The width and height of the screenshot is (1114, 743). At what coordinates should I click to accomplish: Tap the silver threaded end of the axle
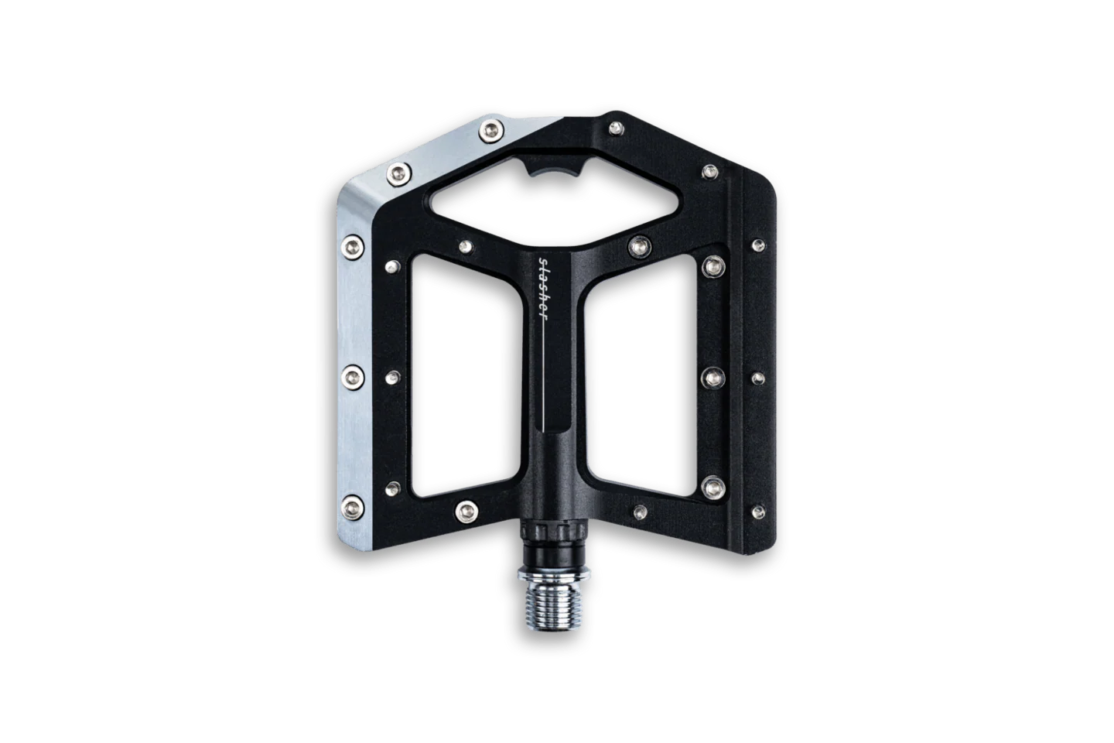(553, 606)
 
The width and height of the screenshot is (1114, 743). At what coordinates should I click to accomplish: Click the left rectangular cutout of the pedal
(466, 376)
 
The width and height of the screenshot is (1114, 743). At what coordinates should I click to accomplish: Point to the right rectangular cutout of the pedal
(641, 376)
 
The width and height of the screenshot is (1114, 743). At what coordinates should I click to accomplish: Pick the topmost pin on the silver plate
(490, 131)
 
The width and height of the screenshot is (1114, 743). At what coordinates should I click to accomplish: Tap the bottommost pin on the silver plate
(353, 508)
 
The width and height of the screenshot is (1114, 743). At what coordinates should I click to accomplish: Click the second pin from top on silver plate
(399, 174)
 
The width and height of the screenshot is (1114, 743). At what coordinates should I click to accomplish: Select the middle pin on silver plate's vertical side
(353, 377)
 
